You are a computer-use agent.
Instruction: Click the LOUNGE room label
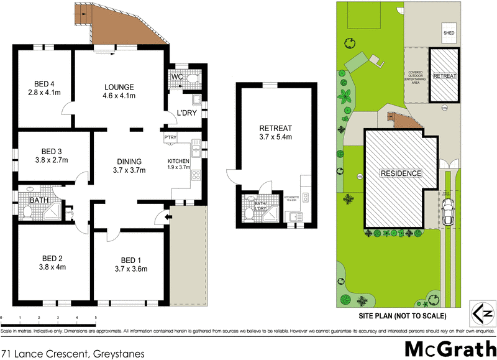click(x=119, y=86)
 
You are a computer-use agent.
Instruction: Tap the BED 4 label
click(x=44, y=86)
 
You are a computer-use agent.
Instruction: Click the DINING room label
click(x=128, y=160)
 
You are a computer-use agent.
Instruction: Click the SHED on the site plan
click(x=448, y=32)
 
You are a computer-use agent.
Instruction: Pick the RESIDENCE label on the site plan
click(x=401, y=173)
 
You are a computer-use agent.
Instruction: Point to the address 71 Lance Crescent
click(x=73, y=353)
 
